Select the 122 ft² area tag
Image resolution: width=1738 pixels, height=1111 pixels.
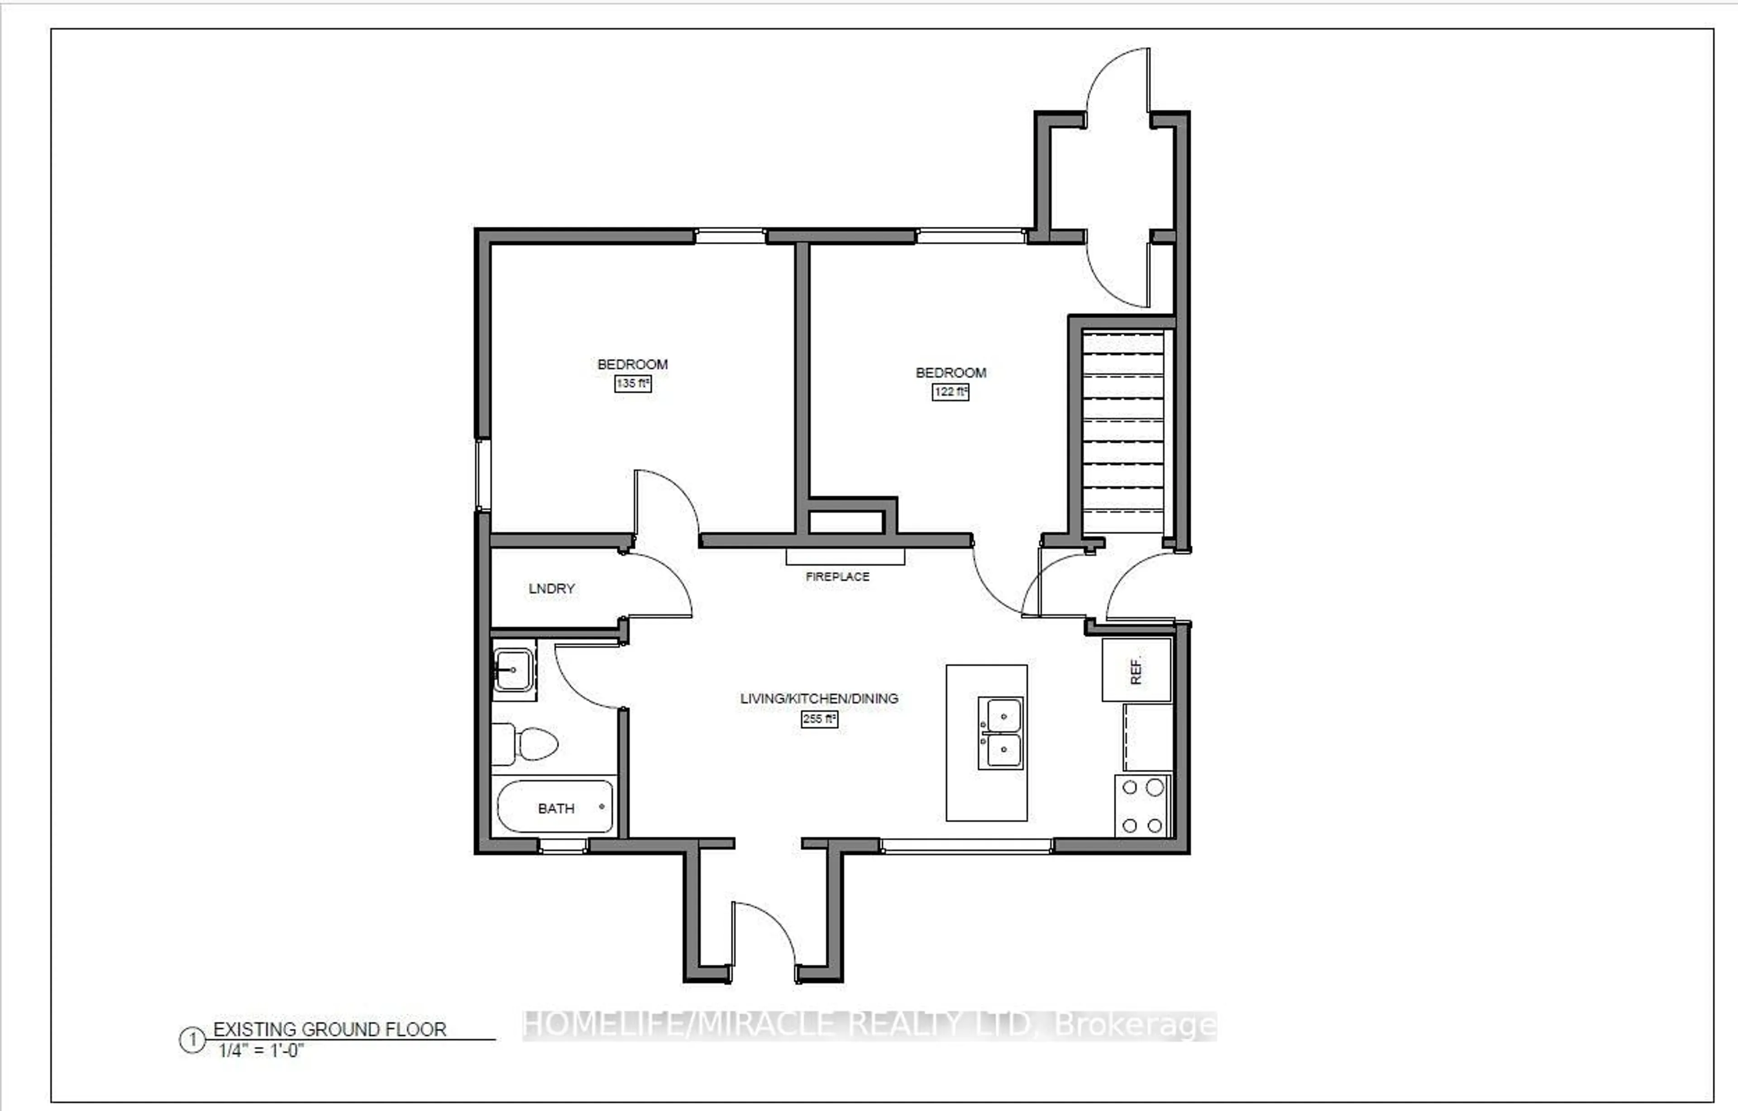tap(950, 392)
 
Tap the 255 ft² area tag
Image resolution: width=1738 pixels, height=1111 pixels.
tap(819, 719)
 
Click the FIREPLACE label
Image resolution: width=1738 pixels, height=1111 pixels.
tap(837, 577)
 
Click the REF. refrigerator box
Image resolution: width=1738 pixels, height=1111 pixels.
tap(1136, 670)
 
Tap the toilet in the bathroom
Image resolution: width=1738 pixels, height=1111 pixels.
tap(525, 744)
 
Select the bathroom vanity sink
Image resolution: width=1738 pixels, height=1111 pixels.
tap(513, 670)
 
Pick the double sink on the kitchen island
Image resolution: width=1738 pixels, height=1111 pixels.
tap(1000, 733)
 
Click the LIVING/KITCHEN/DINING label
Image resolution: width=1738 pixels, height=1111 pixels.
tap(819, 699)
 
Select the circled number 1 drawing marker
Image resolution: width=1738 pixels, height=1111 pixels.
tap(192, 1041)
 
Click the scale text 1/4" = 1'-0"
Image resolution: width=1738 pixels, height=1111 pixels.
tap(261, 1050)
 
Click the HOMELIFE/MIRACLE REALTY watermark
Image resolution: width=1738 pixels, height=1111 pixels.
tap(870, 1025)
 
